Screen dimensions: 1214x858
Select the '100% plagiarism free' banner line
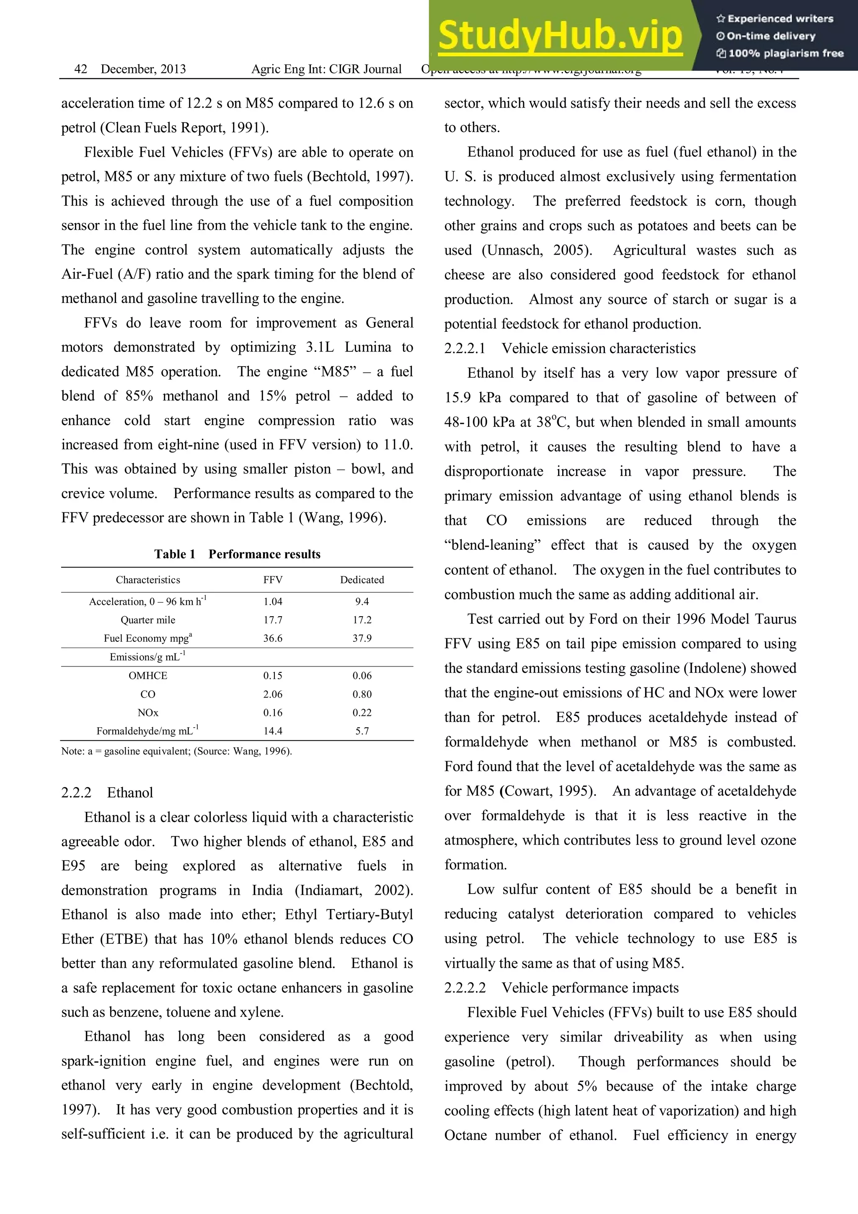(x=780, y=53)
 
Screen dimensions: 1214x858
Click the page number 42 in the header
(x=81, y=69)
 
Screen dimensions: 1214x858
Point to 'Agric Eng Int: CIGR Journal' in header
(x=326, y=69)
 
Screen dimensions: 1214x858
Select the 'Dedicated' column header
(x=362, y=579)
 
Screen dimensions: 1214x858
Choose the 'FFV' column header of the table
(x=273, y=579)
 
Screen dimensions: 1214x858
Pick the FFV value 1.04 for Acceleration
(x=273, y=602)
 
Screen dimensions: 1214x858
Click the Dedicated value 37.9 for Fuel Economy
(x=362, y=638)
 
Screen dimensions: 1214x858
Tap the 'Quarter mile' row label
(x=147, y=620)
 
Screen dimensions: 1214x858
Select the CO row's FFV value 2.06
(x=273, y=694)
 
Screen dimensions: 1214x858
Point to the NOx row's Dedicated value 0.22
(x=362, y=712)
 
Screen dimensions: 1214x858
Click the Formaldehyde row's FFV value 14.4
(x=273, y=731)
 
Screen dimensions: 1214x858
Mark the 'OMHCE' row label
(x=147, y=675)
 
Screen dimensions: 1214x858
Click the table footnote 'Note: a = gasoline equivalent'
(x=176, y=752)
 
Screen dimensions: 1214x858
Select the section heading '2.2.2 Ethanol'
(x=107, y=793)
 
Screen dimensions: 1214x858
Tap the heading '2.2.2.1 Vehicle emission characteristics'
(x=569, y=349)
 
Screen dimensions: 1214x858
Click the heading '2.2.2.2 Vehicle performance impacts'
(x=561, y=988)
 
